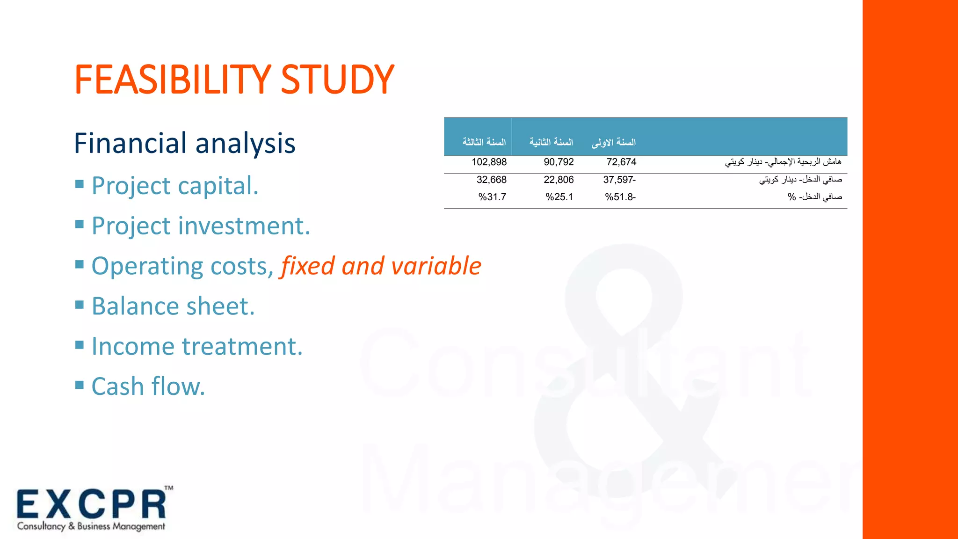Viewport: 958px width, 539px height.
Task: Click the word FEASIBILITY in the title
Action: click(x=172, y=80)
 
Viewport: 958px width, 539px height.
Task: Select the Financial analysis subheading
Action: click(x=185, y=143)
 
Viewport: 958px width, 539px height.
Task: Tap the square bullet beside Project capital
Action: click(x=80, y=184)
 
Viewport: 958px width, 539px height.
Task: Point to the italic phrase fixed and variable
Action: click(x=381, y=266)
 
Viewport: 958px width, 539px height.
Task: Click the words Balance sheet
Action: click(x=173, y=306)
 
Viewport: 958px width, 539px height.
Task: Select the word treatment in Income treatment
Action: click(x=242, y=347)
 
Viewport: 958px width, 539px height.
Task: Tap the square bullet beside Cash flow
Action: click(x=80, y=385)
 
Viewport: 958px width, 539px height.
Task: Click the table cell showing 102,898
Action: click(x=489, y=162)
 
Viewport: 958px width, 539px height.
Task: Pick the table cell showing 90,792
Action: click(x=559, y=162)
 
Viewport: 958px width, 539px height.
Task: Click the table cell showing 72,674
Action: click(x=621, y=162)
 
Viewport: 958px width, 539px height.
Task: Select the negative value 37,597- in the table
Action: click(x=619, y=180)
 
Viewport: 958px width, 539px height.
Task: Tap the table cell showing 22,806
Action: click(x=559, y=180)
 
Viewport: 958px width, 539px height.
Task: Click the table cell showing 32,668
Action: click(x=491, y=180)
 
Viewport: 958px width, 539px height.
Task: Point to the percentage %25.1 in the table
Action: click(x=559, y=197)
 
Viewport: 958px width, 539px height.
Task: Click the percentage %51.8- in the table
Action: click(x=620, y=197)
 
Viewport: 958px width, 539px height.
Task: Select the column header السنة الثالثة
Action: click(x=484, y=142)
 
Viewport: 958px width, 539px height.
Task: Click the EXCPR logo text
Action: click(x=92, y=505)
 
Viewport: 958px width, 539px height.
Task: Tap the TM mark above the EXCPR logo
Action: click(x=169, y=488)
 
